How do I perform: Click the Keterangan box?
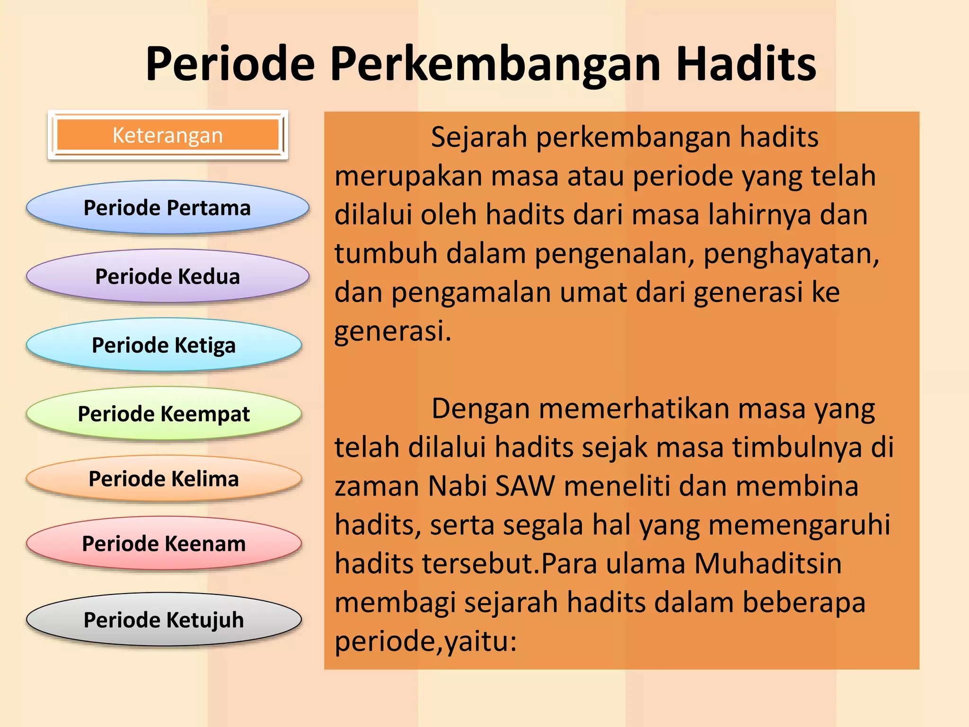coord(167,135)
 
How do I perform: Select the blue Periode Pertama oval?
coord(167,208)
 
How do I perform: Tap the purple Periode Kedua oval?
coord(167,276)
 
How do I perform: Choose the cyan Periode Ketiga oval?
coord(164,345)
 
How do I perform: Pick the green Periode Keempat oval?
coord(164,414)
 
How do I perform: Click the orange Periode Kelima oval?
coord(164,479)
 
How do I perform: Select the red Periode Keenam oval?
coord(164,543)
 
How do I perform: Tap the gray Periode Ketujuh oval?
coord(164,620)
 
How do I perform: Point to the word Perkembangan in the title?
coord(495,65)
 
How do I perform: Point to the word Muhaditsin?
coord(768,564)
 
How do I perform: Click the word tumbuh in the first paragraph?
coord(386,253)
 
